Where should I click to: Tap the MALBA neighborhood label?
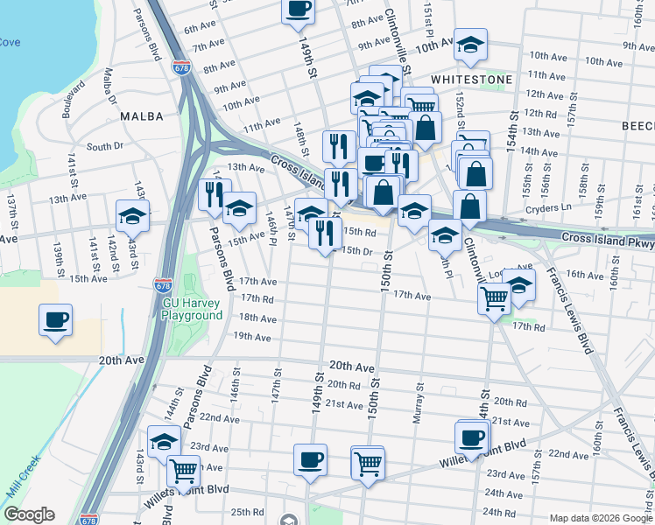pos(142,115)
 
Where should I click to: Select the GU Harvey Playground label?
pos(192,309)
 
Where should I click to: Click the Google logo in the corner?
pos(29,514)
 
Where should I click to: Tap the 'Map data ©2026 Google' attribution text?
pos(601,518)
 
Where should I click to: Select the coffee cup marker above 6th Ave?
pos(298,10)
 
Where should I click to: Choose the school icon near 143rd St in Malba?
pos(132,215)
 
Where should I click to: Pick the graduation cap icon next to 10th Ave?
pos(470,45)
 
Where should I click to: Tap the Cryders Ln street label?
pos(548,208)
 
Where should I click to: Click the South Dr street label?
pos(104,146)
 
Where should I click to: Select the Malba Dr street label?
pos(110,88)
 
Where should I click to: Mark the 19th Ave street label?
pos(252,336)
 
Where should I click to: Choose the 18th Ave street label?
pos(257,318)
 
